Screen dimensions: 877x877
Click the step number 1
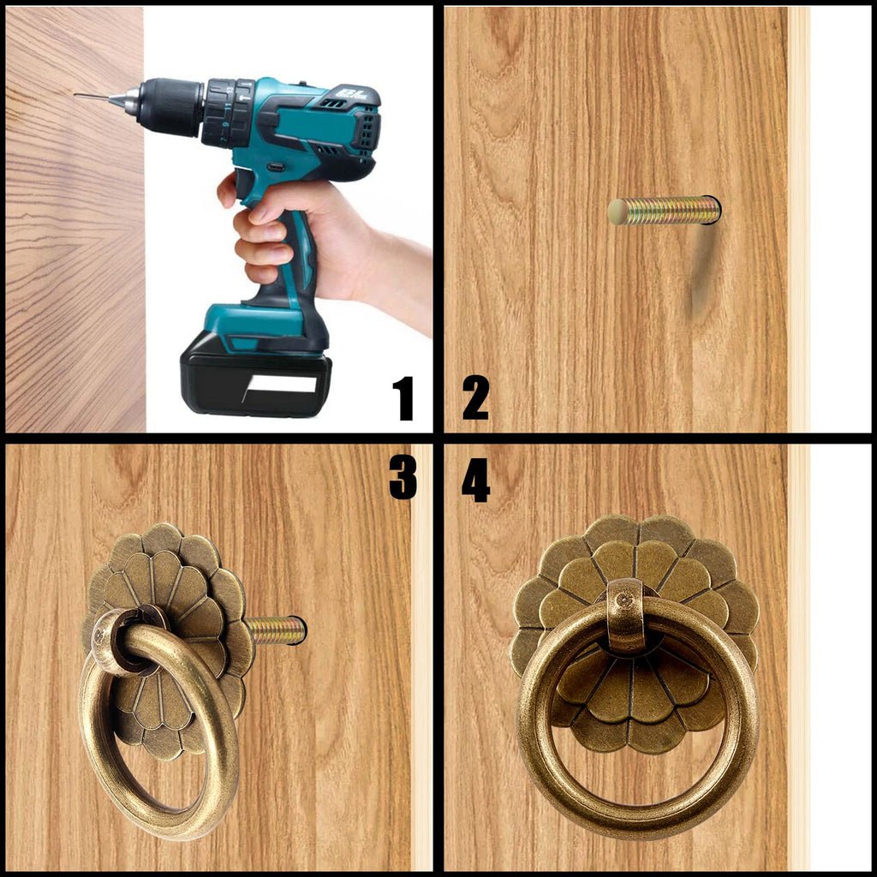tap(403, 397)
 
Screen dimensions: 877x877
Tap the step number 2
tap(475, 397)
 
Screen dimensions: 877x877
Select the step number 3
tap(403, 476)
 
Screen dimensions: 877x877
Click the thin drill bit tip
tap(75, 96)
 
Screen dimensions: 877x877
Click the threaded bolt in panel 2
tap(664, 211)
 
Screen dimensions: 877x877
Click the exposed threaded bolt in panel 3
tap(276, 630)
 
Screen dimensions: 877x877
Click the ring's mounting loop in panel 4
tap(626, 616)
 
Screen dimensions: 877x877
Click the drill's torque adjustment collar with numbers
tap(227, 114)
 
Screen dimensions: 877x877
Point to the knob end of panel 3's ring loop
tap(101, 635)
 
